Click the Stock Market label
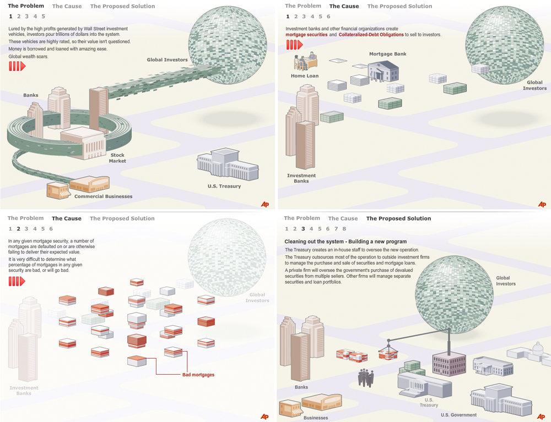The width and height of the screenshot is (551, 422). [117, 158]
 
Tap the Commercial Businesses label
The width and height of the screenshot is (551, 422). [103, 196]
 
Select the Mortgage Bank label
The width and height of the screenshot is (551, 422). [388, 54]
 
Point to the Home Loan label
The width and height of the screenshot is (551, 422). [305, 76]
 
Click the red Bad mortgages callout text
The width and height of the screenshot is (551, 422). [198, 375]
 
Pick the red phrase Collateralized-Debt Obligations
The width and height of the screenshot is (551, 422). [371, 35]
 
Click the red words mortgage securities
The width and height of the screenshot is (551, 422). [306, 35]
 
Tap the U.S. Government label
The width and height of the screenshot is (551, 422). [459, 415]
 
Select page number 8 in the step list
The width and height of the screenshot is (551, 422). [344, 229]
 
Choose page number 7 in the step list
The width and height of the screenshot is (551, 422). [336, 229]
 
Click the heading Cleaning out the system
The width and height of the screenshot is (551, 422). [345, 242]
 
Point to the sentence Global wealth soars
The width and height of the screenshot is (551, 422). [27, 56]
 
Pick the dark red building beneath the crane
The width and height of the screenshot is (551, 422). [449, 364]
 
